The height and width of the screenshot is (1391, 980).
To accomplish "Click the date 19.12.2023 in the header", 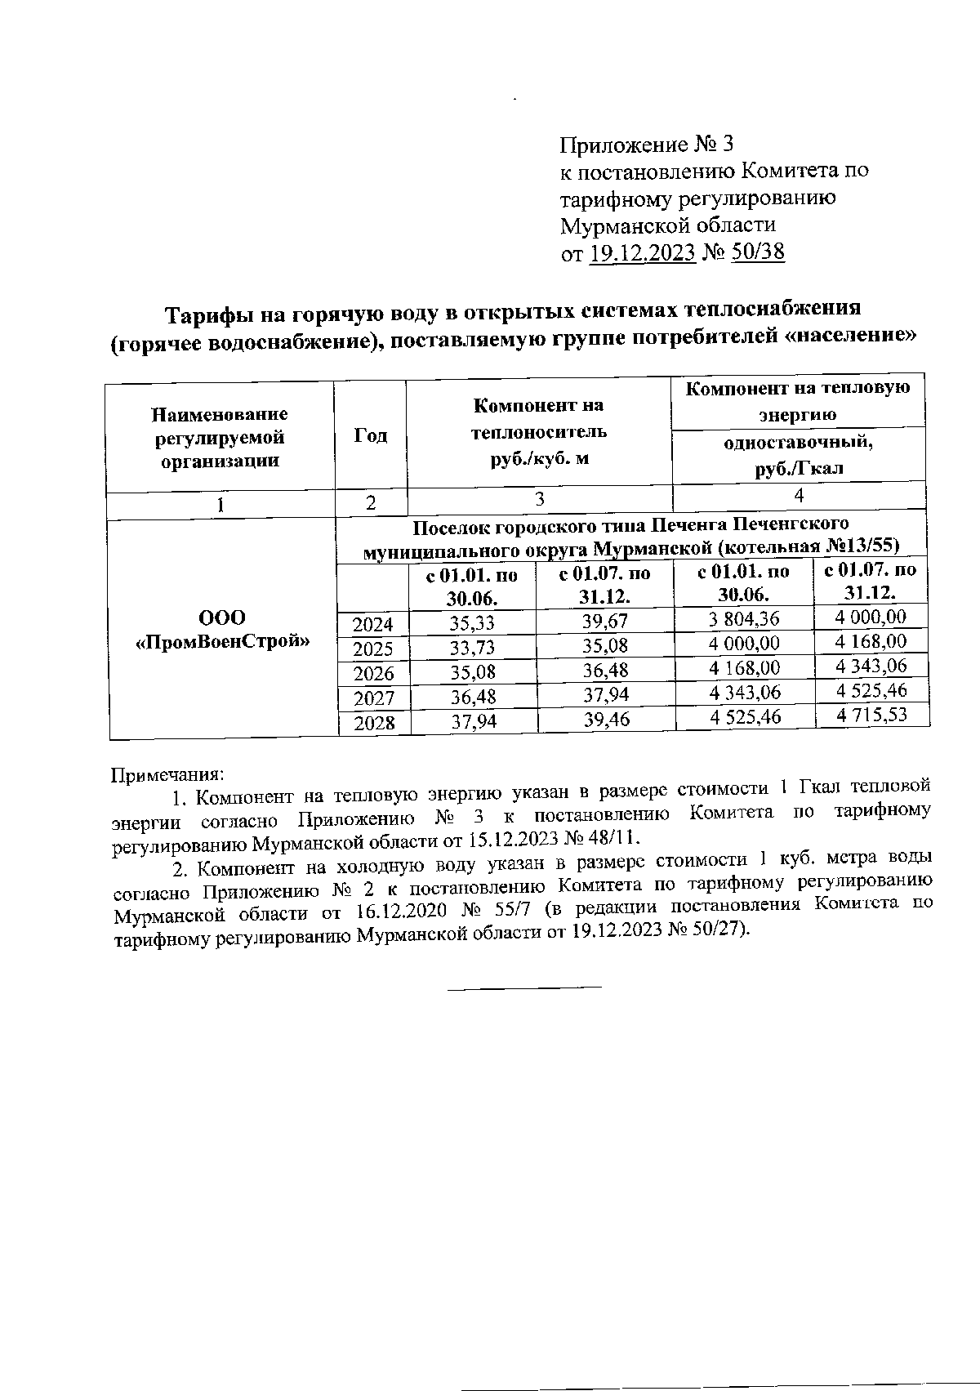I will click(642, 252).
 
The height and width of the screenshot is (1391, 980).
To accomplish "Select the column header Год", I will click(370, 436).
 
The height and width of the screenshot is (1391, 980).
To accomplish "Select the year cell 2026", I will click(373, 674).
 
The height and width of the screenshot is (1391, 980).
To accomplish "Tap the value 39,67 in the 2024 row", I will click(605, 622).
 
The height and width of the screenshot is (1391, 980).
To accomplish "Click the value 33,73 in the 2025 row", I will click(473, 648).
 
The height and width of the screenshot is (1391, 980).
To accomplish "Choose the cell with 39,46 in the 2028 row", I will click(606, 720).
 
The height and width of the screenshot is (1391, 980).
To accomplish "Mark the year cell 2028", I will click(373, 723).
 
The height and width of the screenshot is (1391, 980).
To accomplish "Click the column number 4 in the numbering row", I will click(799, 495).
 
